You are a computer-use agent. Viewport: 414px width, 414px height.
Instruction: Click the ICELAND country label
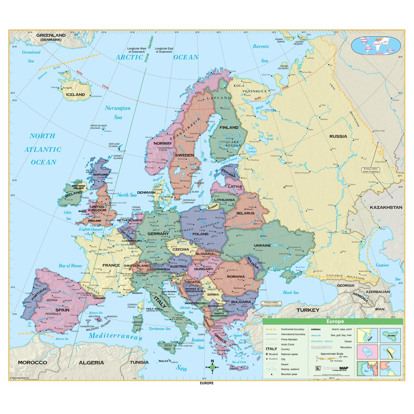(75, 94)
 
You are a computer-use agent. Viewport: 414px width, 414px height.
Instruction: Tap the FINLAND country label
(229, 128)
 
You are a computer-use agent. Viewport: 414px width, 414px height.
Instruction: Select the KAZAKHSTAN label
(386, 207)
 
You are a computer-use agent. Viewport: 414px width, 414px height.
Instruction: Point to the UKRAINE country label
(262, 246)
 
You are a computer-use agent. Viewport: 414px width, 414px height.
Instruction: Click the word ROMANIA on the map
(236, 277)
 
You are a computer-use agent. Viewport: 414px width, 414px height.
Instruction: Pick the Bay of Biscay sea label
(70, 266)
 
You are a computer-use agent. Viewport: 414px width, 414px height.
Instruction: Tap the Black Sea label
(291, 292)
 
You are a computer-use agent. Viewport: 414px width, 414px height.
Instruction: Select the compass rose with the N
(212, 367)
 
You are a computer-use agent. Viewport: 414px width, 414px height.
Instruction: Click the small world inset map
(376, 46)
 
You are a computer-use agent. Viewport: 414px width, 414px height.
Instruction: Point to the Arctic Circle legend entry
(287, 344)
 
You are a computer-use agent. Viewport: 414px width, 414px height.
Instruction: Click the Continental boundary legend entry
(292, 329)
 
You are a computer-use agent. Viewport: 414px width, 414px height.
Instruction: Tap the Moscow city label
(289, 186)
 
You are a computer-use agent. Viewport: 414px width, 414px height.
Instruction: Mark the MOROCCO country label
(32, 363)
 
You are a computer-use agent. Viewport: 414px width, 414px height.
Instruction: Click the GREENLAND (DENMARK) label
(51, 37)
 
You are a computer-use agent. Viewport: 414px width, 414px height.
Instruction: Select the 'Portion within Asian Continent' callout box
(371, 170)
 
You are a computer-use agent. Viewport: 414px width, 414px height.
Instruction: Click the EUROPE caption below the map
(207, 383)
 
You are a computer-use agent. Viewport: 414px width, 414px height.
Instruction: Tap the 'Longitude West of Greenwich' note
(137, 50)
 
